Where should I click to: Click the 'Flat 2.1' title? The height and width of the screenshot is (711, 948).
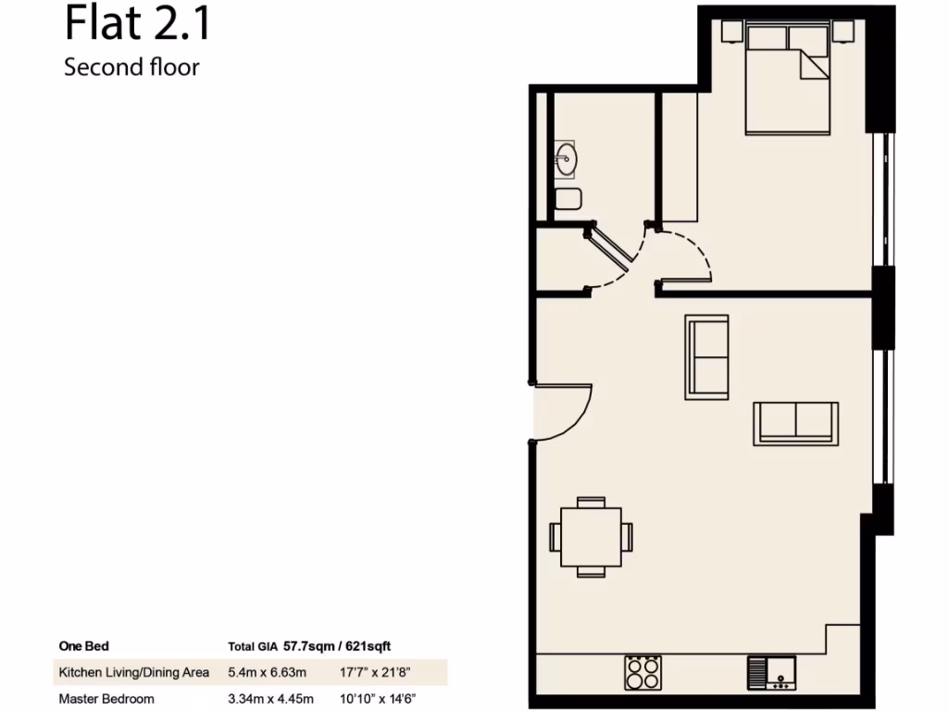tap(137, 25)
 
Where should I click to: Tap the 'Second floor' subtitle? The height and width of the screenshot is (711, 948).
tap(131, 68)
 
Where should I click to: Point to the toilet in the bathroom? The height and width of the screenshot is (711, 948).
tap(568, 198)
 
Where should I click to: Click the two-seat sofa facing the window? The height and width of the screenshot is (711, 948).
tap(796, 424)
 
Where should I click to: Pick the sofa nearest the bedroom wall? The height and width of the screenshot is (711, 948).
tap(706, 356)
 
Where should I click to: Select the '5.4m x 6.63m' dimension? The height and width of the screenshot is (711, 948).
tap(267, 672)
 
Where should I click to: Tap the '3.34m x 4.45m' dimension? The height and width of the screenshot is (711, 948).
tap(270, 698)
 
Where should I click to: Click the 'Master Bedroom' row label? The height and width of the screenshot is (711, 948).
tap(106, 698)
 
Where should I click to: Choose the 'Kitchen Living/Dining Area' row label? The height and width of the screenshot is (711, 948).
tap(134, 672)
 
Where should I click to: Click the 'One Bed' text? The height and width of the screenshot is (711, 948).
tap(83, 646)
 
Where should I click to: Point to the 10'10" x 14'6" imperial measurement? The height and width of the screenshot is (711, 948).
tap(378, 698)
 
